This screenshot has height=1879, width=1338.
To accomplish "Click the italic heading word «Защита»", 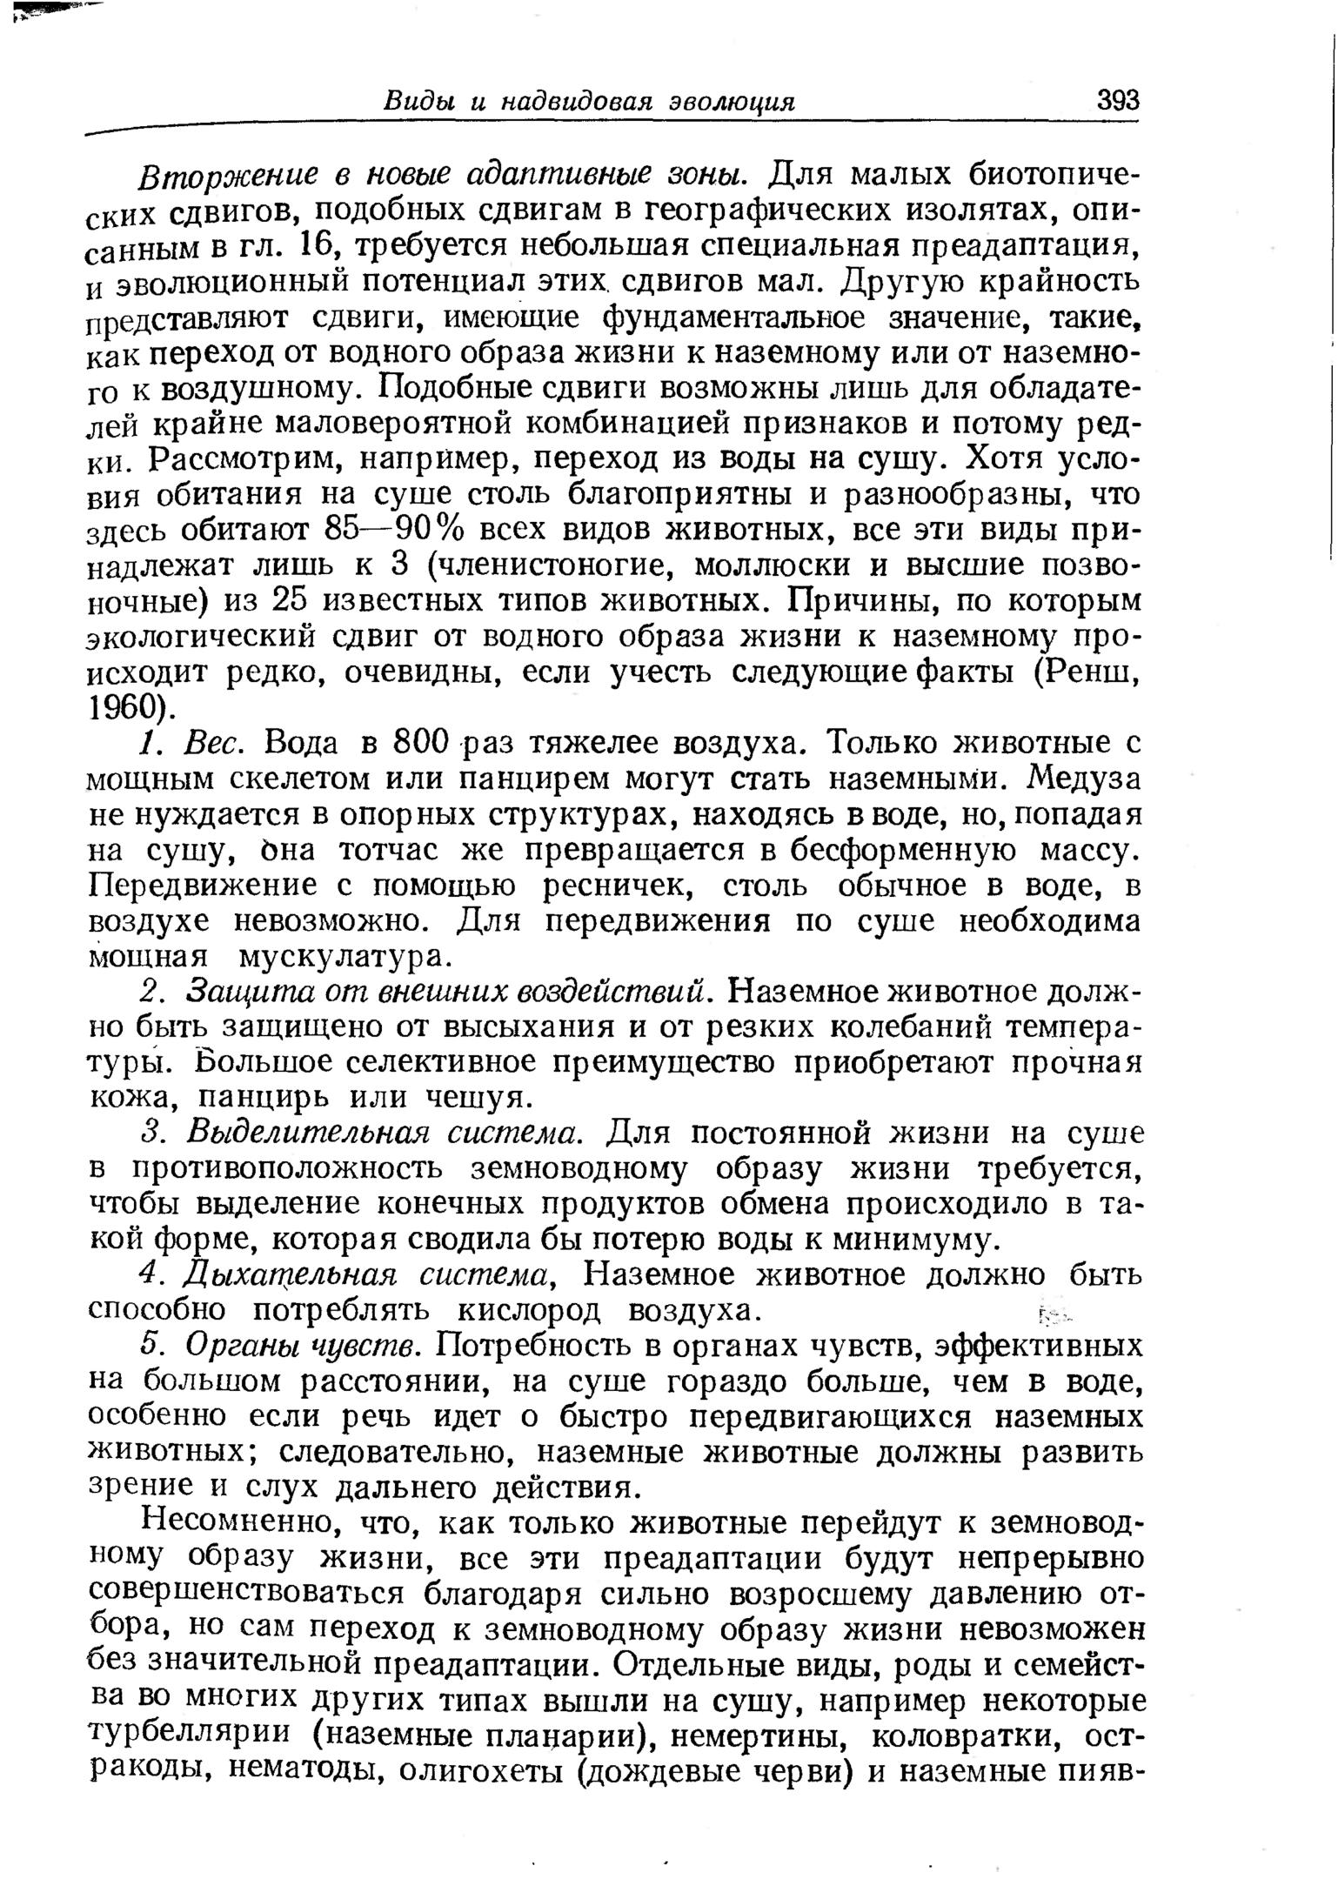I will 236,992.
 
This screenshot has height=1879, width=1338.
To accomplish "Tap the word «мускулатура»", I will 345,957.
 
